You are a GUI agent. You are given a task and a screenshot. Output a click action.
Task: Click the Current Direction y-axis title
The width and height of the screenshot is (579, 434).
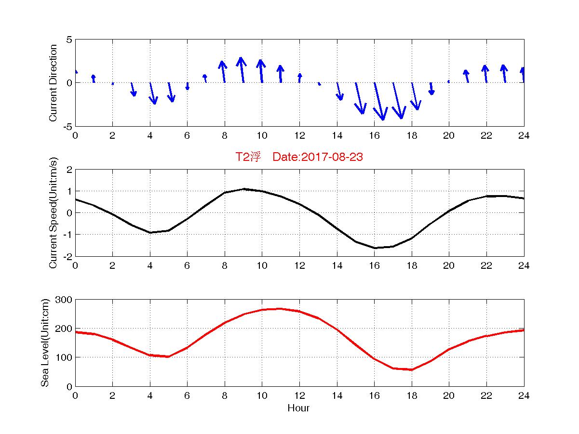(x=54, y=83)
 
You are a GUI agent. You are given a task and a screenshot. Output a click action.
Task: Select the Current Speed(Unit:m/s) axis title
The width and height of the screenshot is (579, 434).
(x=54, y=213)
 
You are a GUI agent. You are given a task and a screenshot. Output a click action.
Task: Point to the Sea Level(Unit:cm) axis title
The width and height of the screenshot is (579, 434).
(x=45, y=342)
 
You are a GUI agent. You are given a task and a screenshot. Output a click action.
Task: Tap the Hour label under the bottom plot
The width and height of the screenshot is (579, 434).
(x=298, y=408)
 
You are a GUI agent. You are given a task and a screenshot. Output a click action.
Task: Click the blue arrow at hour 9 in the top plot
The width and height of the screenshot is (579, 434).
(x=242, y=69)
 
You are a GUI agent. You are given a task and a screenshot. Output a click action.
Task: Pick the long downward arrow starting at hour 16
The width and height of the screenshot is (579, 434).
(x=379, y=101)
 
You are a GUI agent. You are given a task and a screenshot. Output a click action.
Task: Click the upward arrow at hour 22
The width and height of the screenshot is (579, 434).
(x=485, y=74)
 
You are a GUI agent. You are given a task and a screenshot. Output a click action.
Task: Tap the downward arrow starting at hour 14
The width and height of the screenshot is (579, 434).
(x=339, y=91)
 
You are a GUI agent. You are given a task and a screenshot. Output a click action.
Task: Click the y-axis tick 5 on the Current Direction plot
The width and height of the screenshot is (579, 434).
(x=69, y=40)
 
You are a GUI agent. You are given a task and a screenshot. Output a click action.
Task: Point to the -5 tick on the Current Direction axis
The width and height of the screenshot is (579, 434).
(x=67, y=126)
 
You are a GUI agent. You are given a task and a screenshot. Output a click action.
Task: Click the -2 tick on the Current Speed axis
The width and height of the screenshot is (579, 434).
(x=67, y=256)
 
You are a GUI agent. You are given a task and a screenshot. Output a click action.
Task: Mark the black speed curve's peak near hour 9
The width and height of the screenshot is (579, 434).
(x=244, y=189)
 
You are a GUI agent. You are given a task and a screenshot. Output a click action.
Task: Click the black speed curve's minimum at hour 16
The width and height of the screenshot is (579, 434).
(x=375, y=248)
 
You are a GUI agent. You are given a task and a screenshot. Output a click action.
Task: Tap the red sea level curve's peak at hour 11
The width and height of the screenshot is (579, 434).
(x=281, y=309)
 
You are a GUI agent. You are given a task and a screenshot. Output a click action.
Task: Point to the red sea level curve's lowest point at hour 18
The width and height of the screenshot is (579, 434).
(x=412, y=369)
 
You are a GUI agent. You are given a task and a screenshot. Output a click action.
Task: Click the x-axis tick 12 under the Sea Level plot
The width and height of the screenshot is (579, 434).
(x=299, y=395)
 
